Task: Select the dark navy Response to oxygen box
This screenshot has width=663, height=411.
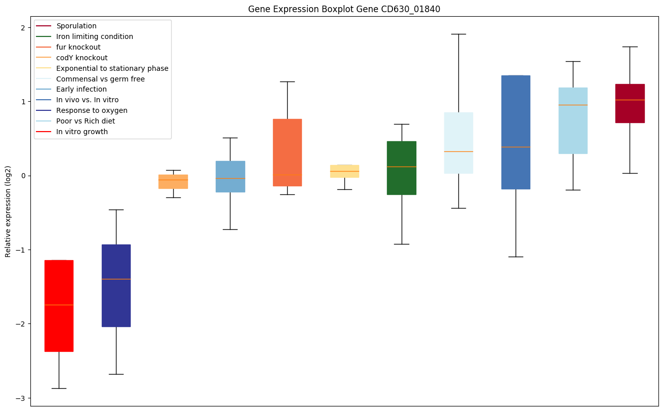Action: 116,304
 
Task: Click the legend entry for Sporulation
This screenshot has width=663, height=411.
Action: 76,26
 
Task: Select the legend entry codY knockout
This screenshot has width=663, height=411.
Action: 82,58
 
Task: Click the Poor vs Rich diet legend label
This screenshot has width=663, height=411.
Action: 86,121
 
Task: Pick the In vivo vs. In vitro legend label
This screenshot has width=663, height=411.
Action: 87,100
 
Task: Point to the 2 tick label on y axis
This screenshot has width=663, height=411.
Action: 23,28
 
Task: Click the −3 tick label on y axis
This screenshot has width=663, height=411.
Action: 21,398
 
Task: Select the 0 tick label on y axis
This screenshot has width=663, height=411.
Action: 23,176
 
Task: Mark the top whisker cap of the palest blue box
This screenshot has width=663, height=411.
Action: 458,34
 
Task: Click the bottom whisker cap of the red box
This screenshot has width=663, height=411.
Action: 59,388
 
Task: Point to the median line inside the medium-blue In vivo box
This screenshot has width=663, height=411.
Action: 516,147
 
